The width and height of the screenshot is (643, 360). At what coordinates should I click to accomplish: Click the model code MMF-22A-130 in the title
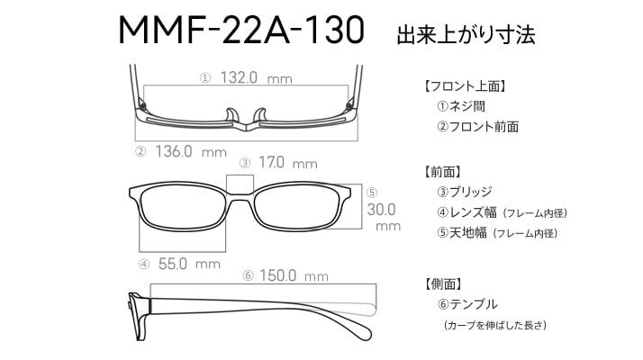[x=241, y=30]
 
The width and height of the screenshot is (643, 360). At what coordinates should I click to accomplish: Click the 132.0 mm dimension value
[x=256, y=77]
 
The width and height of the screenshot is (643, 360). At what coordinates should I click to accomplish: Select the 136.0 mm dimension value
[x=191, y=151]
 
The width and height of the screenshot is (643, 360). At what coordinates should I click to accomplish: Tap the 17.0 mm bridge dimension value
[x=288, y=162]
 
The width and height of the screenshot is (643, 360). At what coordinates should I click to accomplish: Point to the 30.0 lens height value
[x=381, y=210]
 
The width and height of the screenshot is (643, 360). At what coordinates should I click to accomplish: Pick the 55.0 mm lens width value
[x=189, y=264]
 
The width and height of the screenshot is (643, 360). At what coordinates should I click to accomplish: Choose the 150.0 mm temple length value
[x=294, y=275]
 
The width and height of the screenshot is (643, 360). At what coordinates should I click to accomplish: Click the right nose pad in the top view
[x=260, y=115]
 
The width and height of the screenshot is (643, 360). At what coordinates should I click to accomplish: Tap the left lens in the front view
[x=183, y=209]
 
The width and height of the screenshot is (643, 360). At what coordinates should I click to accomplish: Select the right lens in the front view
[x=298, y=208]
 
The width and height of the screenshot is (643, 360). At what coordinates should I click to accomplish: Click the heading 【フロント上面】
[x=465, y=86]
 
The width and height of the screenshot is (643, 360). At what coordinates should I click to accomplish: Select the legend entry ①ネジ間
[x=461, y=106]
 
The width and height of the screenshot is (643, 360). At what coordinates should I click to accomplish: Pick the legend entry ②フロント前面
[x=477, y=127]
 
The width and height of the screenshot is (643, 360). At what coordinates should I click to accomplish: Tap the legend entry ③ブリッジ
[x=465, y=192]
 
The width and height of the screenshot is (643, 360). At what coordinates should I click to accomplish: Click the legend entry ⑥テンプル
[x=467, y=304]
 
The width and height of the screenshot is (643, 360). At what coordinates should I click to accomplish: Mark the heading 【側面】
[x=443, y=283]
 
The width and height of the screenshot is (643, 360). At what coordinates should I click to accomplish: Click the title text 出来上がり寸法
[x=466, y=35]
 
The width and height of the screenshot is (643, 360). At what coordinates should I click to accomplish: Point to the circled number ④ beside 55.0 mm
[x=144, y=265]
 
